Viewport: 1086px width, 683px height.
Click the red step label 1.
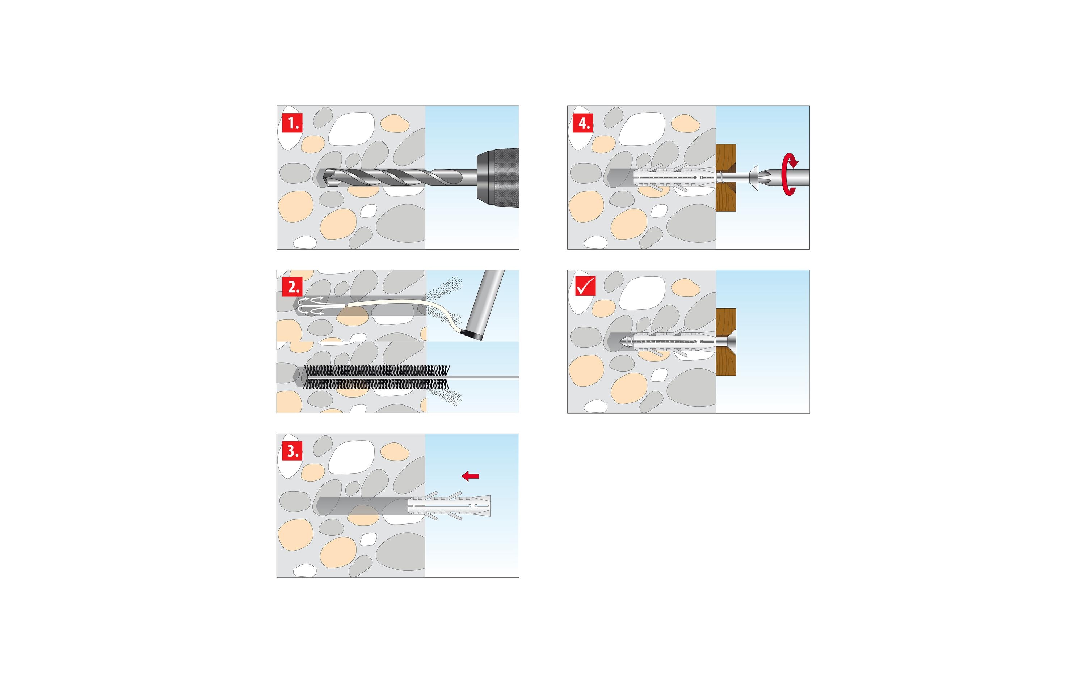click(x=292, y=123)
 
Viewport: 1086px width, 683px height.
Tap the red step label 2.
click(x=292, y=287)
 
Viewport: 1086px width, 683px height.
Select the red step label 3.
click(x=292, y=451)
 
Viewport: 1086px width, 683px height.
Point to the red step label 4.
click(x=583, y=123)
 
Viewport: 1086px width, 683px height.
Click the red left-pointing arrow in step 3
click(x=470, y=476)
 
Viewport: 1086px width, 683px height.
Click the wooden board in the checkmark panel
click(x=726, y=342)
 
